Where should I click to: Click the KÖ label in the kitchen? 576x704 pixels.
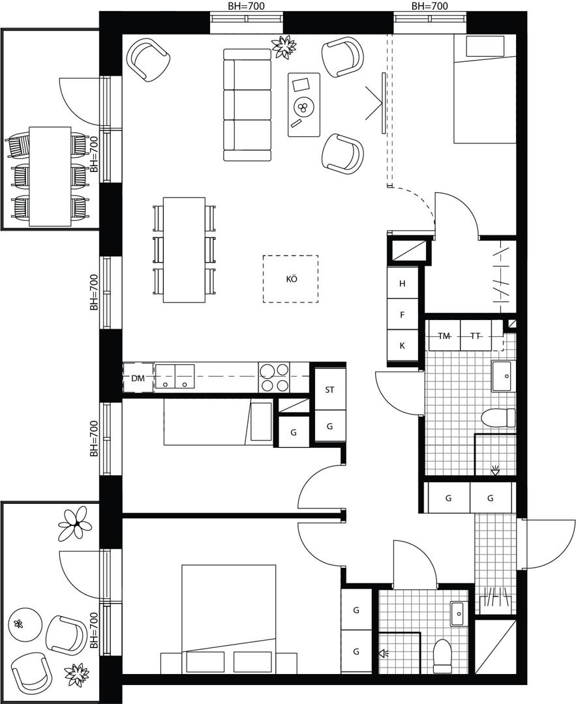(292, 279)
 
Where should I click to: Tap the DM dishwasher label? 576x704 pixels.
(138, 379)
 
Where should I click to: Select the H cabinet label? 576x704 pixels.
(402, 284)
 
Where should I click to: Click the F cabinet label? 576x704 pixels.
(402, 315)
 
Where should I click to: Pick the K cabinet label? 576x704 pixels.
(402, 345)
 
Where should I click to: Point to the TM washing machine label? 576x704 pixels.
(444, 336)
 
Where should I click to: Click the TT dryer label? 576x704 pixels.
(475, 336)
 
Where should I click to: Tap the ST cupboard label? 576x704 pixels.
(330, 390)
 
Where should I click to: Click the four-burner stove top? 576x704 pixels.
(273, 377)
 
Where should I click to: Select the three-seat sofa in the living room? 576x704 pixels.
(248, 104)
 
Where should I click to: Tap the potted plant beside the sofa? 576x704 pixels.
(284, 46)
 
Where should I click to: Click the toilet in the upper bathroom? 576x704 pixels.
(498, 418)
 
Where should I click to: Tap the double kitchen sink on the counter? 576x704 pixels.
(175, 377)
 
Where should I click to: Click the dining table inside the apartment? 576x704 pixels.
(184, 250)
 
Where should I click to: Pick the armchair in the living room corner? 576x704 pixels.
(148, 59)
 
